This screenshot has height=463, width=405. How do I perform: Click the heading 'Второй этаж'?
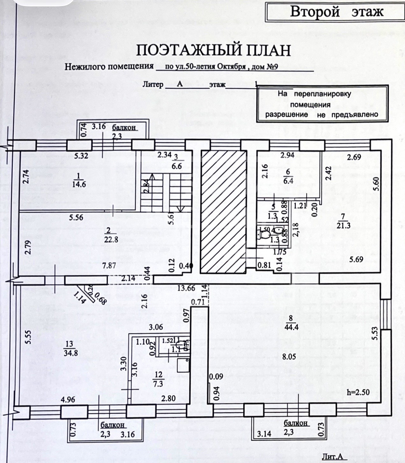337,12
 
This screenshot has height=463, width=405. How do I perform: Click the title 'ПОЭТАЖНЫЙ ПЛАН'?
214,51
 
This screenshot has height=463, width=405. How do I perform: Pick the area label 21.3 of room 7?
343,226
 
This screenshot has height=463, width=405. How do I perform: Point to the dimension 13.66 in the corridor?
186,289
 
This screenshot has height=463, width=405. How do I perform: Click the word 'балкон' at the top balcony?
124,127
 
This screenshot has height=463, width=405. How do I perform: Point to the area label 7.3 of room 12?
158,384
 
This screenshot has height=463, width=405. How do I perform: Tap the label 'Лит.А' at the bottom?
332,457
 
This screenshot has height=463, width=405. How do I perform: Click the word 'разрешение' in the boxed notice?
287,115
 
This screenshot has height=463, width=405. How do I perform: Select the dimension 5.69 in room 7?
356,259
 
